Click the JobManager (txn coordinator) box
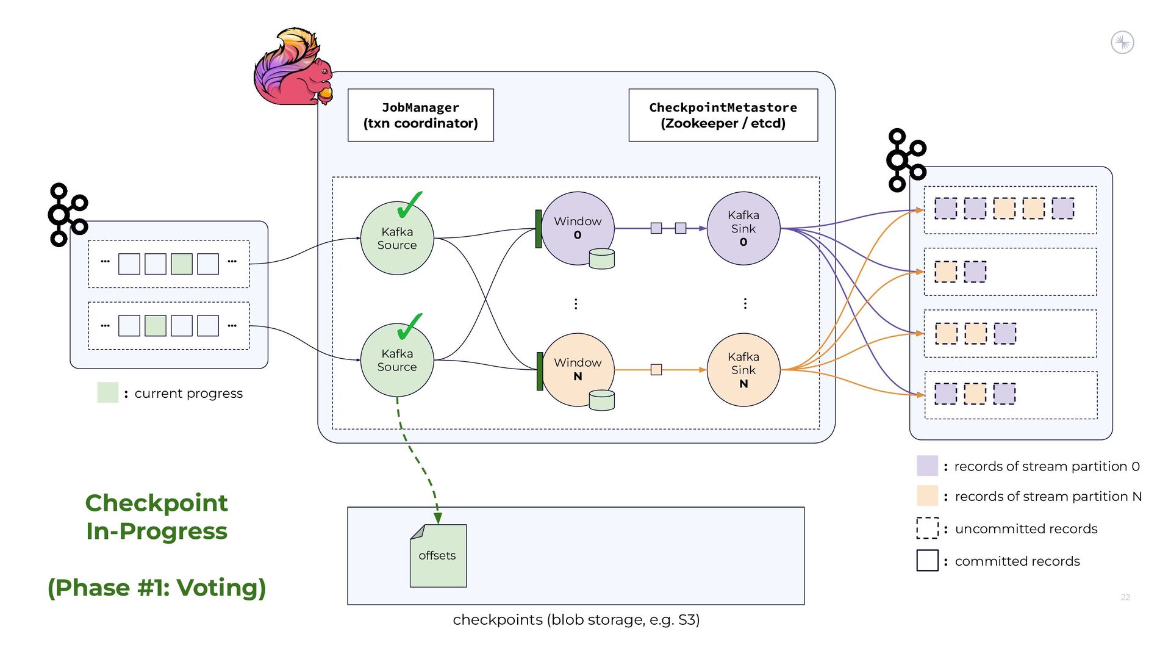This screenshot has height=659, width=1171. (420, 115)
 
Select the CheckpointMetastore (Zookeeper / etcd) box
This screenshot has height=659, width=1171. (723, 115)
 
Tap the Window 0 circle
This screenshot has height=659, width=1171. (577, 228)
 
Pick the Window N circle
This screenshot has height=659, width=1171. (577, 369)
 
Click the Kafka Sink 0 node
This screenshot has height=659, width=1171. (743, 228)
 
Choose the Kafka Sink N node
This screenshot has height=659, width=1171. (743, 370)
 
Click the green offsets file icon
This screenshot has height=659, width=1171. (438, 556)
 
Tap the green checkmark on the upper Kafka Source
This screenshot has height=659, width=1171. (409, 205)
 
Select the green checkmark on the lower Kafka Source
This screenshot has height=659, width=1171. (409, 327)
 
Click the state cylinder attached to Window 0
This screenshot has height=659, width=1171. (601, 259)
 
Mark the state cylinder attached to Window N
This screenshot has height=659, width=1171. (601, 400)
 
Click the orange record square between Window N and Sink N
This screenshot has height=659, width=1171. (656, 370)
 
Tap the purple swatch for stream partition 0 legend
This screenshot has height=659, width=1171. (927, 466)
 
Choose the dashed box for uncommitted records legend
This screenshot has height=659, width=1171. (927, 528)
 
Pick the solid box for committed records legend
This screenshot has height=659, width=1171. (927, 560)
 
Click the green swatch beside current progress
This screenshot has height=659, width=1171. (108, 392)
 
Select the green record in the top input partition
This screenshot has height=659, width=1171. (182, 264)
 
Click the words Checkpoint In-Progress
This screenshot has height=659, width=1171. (157, 517)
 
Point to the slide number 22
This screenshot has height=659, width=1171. (1125, 597)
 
